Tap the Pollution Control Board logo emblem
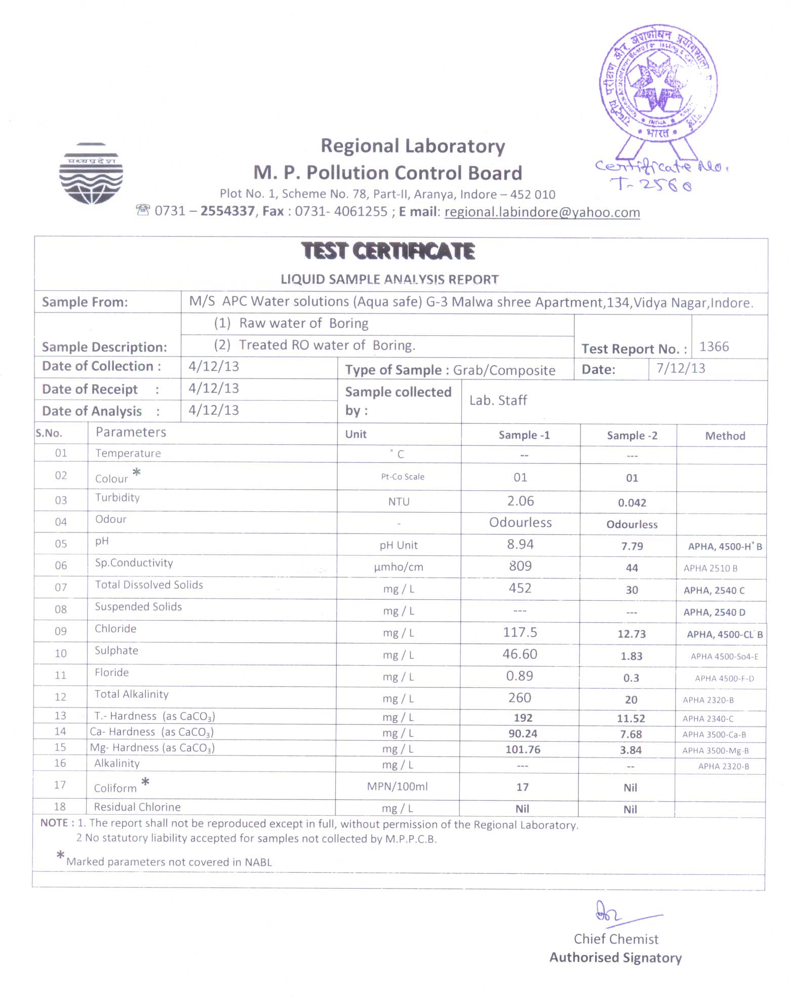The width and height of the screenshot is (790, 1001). (91, 174)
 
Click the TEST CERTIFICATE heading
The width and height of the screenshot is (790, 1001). (388, 251)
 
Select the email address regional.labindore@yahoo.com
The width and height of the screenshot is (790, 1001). (542, 212)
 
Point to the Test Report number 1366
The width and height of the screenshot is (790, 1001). (714, 347)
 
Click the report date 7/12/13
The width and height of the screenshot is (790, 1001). (681, 368)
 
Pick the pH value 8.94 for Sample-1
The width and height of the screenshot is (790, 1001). (520, 545)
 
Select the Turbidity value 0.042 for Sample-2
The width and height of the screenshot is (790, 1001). (632, 503)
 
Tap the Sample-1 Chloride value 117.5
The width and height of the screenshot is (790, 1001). (520, 633)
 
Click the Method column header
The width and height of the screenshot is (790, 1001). (725, 436)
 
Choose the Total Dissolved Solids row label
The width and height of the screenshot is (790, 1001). (149, 585)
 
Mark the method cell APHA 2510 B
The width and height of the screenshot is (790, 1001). (710, 568)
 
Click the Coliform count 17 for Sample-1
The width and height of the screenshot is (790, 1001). (522, 787)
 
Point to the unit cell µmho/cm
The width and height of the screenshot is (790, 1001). (399, 567)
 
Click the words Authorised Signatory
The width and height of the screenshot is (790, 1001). (615, 958)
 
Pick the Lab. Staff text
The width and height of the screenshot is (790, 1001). (498, 401)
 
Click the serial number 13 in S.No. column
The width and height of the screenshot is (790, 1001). (60, 716)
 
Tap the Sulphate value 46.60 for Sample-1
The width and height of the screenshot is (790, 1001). (520, 654)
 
